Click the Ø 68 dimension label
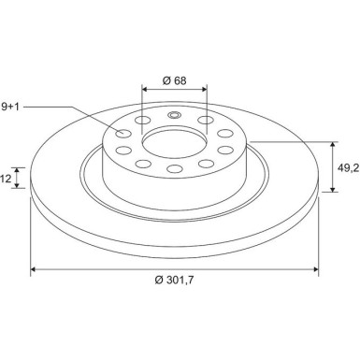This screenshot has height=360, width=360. [x=173, y=80]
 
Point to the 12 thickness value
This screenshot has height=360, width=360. [x=6, y=177]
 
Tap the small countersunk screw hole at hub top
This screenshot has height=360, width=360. [x=173, y=116]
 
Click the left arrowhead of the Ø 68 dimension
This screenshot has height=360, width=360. [x=145, y=92]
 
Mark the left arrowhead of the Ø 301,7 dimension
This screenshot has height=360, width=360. [x=35, y=270]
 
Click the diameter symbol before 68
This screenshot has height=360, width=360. [x=165, y=80]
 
